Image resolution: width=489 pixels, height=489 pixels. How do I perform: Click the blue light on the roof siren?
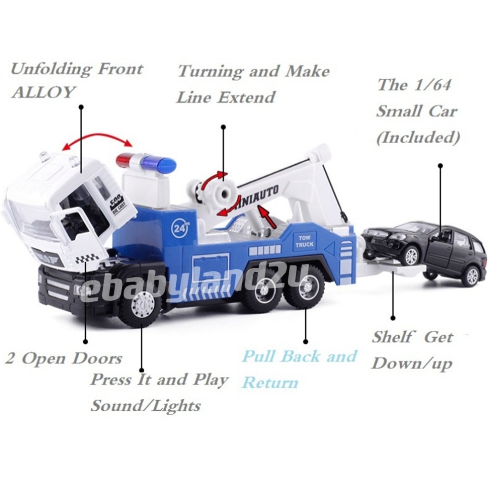pos(164,165)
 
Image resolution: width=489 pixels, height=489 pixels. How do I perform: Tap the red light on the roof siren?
pos(125,159)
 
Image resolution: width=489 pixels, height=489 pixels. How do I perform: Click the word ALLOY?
pos(43,92)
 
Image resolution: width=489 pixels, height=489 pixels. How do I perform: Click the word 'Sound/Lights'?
pos(146,406)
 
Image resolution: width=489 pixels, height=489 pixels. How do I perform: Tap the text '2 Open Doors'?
pos(64,359)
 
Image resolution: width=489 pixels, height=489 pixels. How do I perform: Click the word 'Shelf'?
pos(392,337)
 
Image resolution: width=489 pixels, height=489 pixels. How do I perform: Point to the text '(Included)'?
pos(418,138)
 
